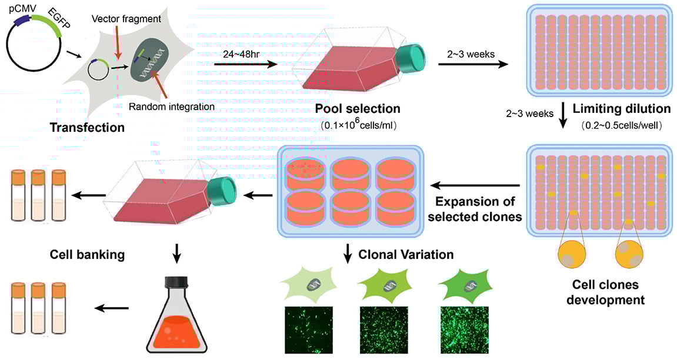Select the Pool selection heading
(x=358, y=109)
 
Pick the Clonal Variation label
(x=406, y=255)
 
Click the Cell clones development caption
(x=608, y=292)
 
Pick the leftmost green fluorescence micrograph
(x=308, y=330)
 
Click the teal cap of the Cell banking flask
(x=222, y=192)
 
